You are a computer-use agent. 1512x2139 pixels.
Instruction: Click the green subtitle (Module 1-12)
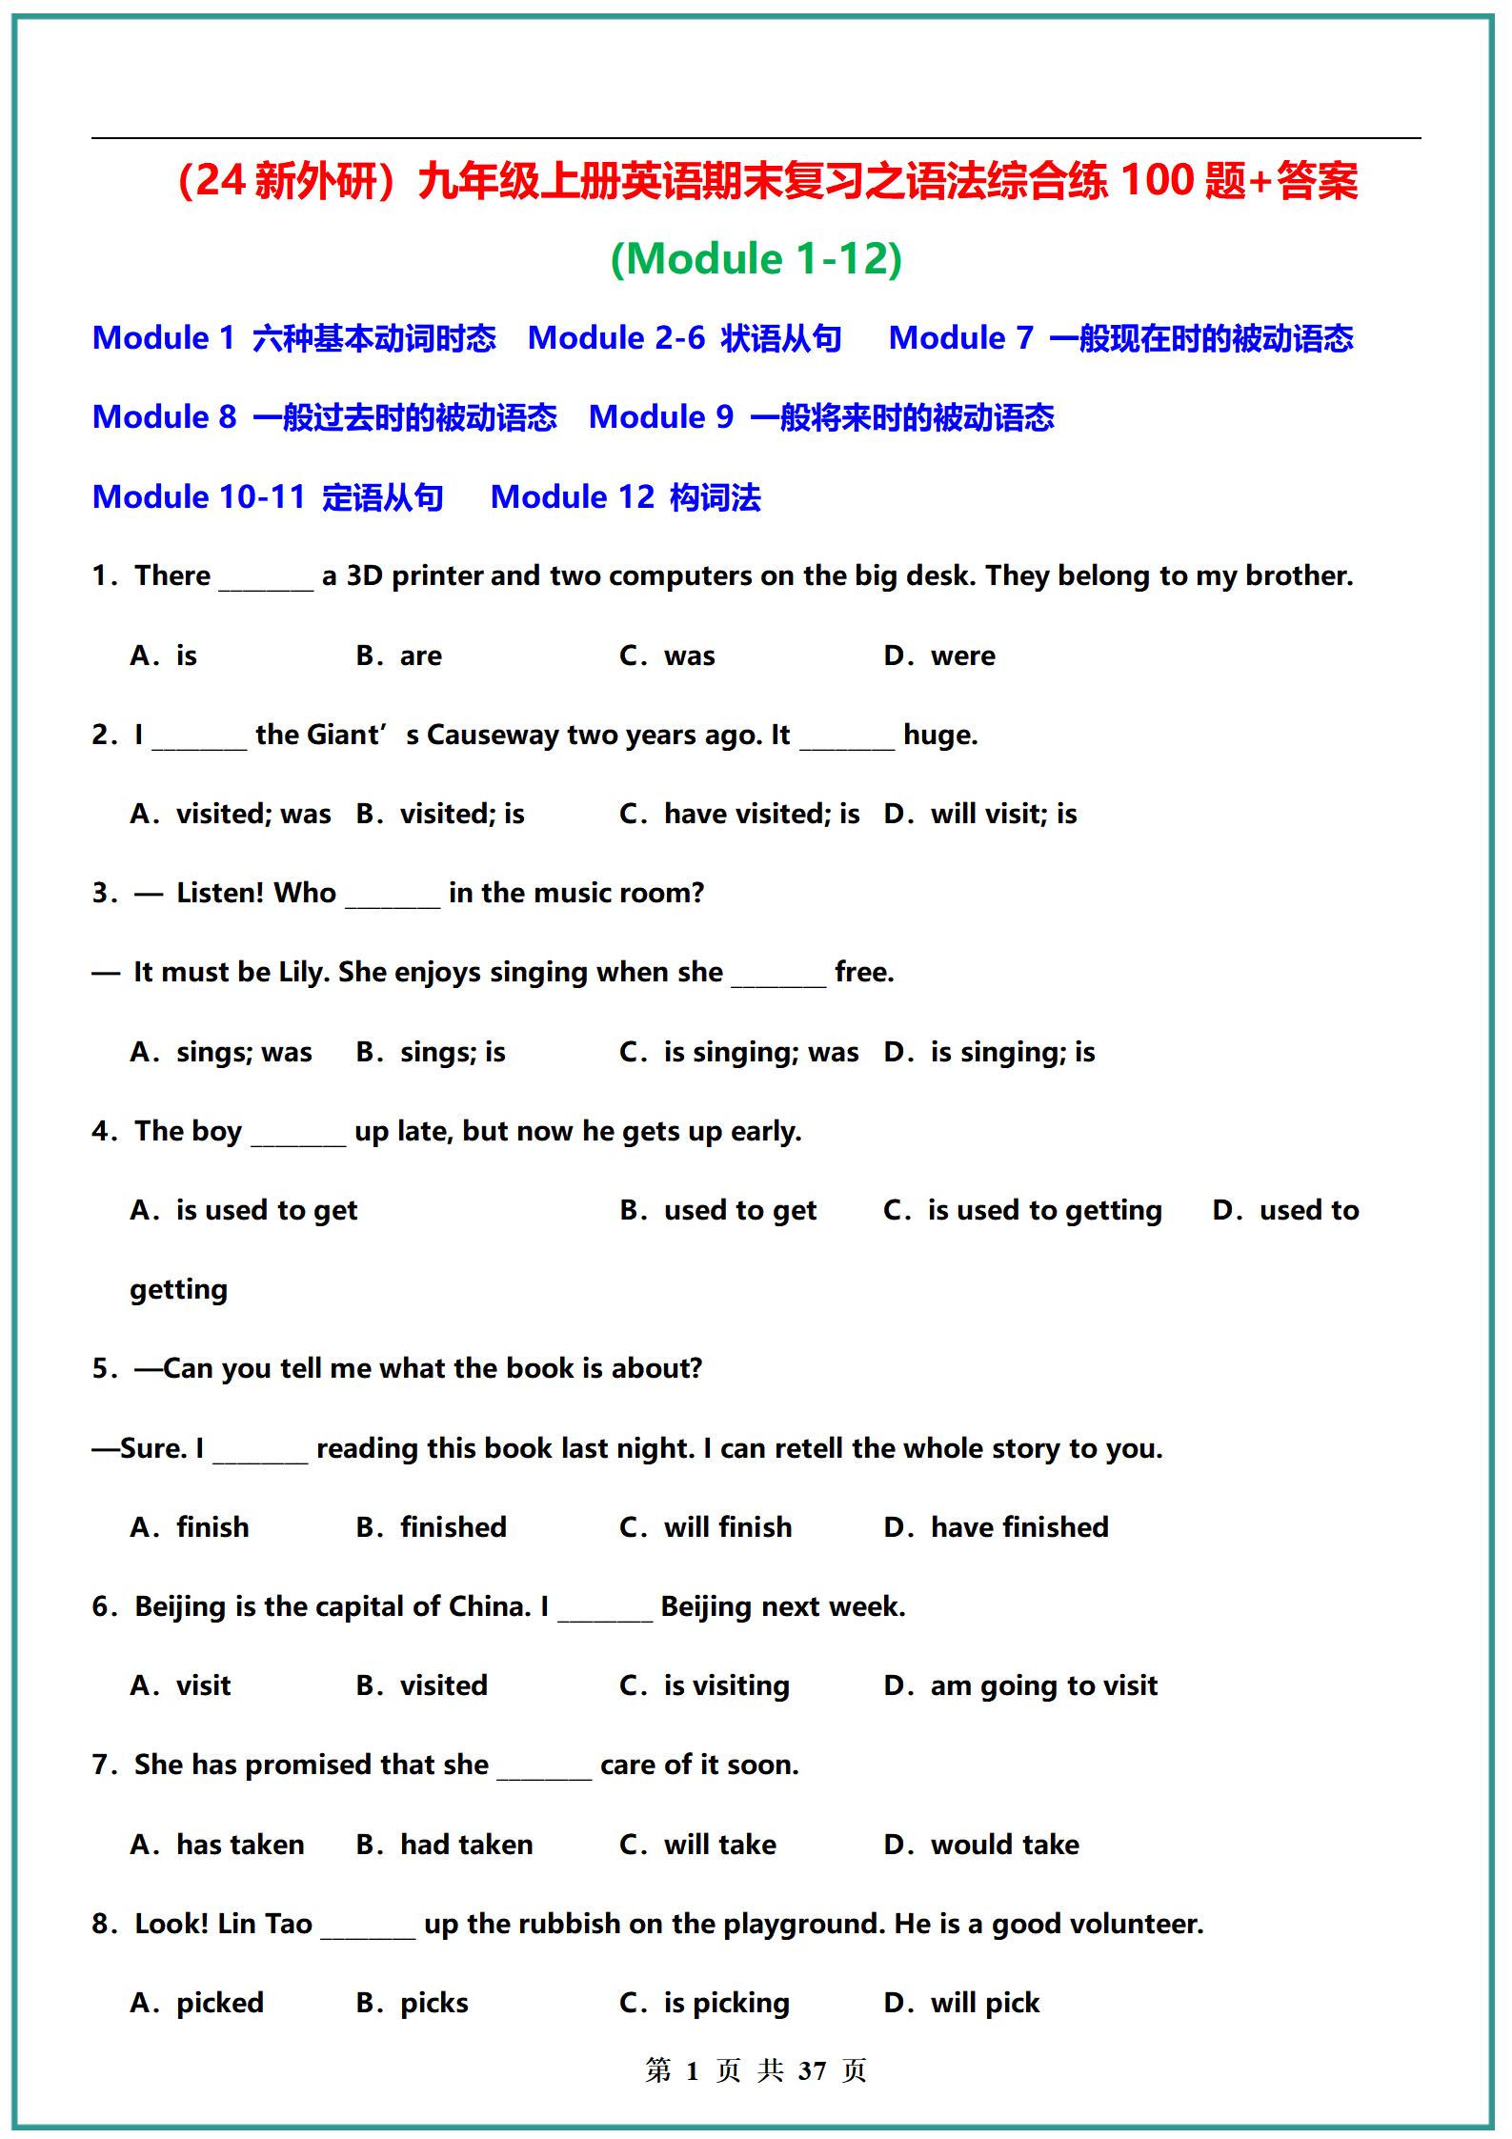pos(756,259)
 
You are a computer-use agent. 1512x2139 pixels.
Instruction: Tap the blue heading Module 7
pos(960,338)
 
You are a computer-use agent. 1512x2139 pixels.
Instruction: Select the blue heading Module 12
pos(572,497)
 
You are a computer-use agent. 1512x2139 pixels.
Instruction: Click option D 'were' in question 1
pos(962,656)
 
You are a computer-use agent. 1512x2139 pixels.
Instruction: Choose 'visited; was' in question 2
pos(253,815)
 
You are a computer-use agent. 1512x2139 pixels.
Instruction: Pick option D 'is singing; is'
pos(1012,1053)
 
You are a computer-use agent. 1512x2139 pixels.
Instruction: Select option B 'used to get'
pos(739,1211)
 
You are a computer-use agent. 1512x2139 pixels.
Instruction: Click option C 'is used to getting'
pos(1044,1211)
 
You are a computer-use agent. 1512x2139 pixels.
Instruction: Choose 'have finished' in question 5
pos(1018,1528)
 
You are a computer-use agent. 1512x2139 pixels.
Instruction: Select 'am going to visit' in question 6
pos(1043,1686)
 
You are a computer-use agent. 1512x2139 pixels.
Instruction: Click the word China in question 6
pos(488,1607)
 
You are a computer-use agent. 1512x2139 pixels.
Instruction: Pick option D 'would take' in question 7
pos(1004,1846)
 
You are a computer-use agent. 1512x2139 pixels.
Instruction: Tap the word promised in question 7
pos(306,1766)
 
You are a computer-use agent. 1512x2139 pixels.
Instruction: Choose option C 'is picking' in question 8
pos(726,2004)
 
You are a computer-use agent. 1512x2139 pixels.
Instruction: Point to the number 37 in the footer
pos(812,2071)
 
